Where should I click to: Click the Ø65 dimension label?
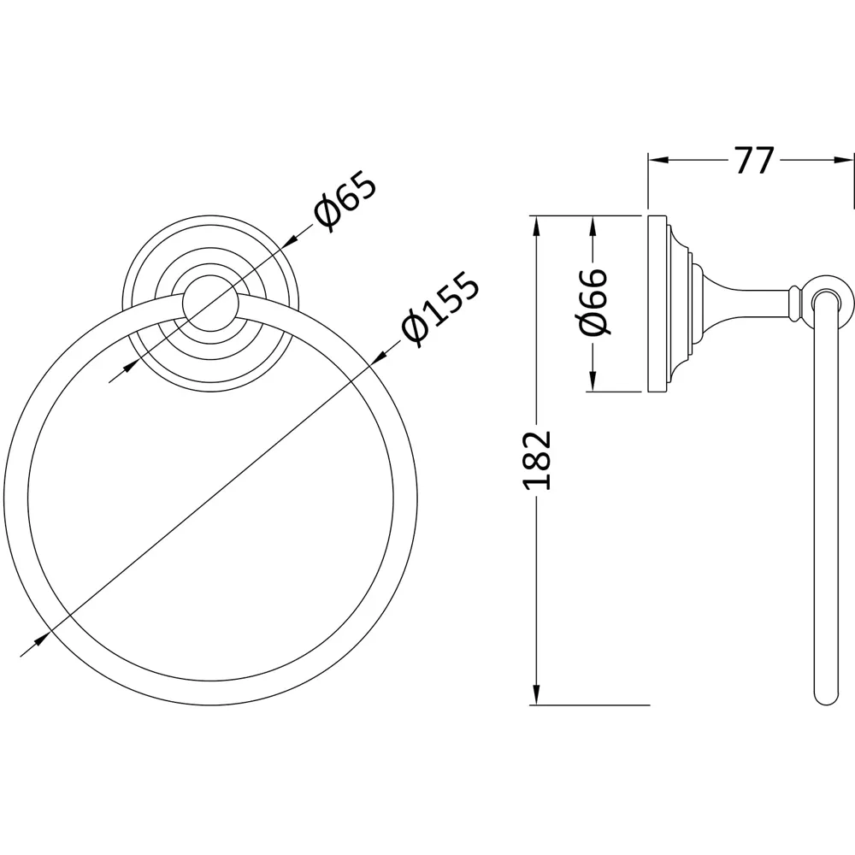pyautogui.click(x=345, y=202)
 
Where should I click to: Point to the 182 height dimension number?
pyautogui.click(x=538, y=460)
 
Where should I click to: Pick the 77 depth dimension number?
pyautogui.click(x=752, y=160)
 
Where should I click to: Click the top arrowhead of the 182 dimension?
pyautogui.click(x=536, y=223)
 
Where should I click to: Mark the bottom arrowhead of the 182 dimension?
pyautogui.click(x=536, y=697)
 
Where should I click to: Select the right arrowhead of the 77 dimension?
pyautogui.click(x=846, y=160)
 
